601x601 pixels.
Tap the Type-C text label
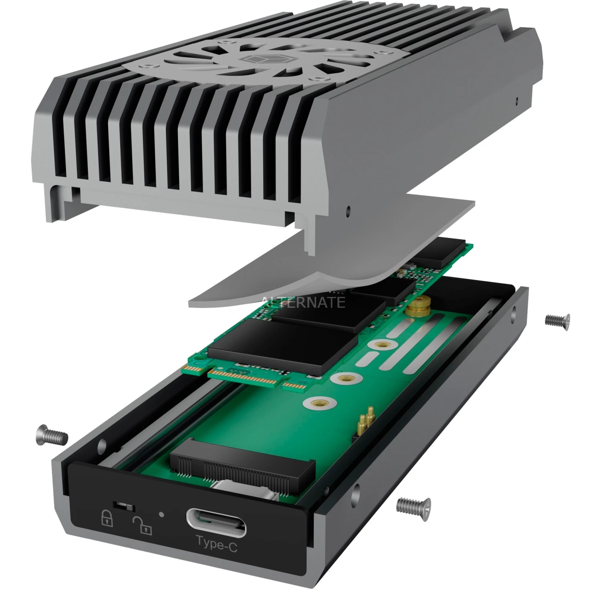[217, 544]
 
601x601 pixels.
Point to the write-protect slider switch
[124, 506]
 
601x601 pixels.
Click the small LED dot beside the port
[161, 514]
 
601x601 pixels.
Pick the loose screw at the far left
[51, 434]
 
